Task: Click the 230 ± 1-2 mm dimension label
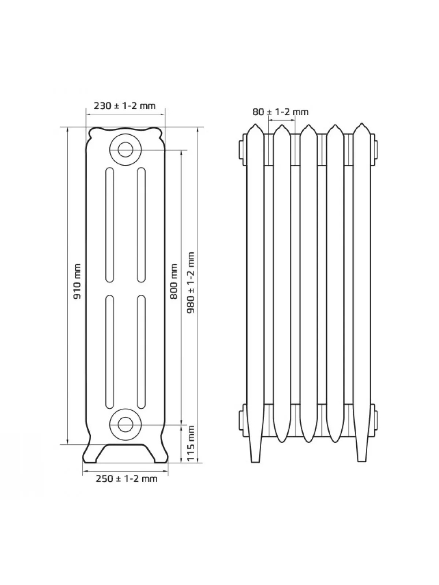point(124,106)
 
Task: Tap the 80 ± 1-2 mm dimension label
point(280,112)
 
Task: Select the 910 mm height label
point(77,281)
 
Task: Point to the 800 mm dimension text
point(174,282)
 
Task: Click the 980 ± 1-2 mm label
point(191,283)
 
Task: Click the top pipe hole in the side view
point(125,150)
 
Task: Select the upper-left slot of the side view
point(109,224)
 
